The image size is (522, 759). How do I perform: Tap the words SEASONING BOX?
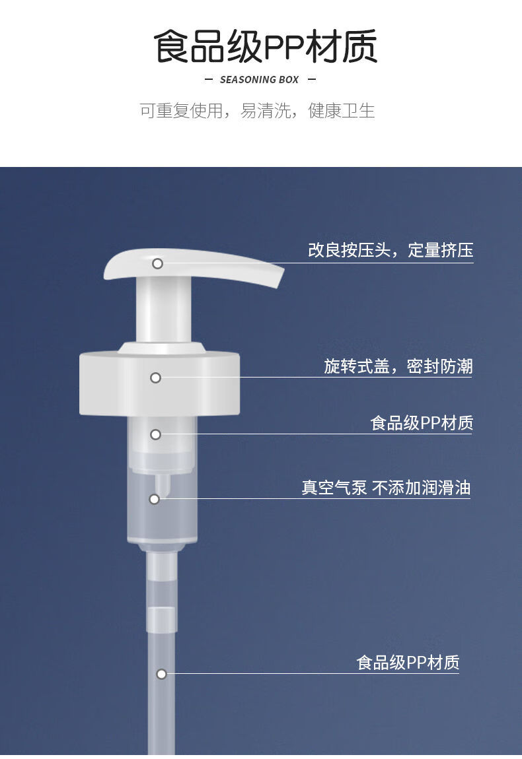click(259, 80)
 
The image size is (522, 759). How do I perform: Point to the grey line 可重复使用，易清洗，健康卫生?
click(257, 110)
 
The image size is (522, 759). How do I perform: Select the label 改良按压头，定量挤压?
click(391, 250)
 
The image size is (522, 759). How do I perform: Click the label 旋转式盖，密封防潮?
click(398, 366)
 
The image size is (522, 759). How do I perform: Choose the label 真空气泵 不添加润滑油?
click(386, 488)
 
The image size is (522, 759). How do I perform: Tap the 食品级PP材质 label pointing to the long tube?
click(408, 662)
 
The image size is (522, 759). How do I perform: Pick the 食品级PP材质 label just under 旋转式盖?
click(422, 423)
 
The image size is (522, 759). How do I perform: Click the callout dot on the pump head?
click(157, 263)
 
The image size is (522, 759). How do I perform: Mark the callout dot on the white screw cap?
click(155, 378)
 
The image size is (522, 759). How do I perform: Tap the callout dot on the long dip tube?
click(161, 674)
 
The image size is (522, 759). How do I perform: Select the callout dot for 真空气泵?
click(154, 499)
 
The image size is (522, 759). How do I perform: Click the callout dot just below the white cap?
click(155, 434)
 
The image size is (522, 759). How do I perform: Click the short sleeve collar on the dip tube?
click(161, 618)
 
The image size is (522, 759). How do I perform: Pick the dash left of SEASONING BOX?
click(209, 80)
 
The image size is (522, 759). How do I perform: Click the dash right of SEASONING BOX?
click(312, 80)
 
